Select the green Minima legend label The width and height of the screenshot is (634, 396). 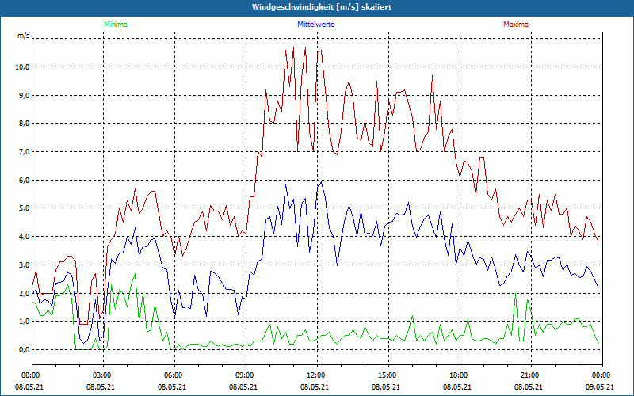[115, 25]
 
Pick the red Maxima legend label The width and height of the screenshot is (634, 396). [516, 25]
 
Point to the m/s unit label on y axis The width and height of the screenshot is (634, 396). [23, 36]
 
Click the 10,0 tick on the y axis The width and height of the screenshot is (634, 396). [21, 67]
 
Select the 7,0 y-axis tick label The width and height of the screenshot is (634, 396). [23, 151]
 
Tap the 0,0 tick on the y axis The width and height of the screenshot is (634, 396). [23, 349]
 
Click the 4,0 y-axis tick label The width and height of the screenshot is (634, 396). [23, 236]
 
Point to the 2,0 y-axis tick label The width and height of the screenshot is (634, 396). [23, 293]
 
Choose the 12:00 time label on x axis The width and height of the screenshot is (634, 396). [315, 375]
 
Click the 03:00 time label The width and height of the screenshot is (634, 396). [101, 375]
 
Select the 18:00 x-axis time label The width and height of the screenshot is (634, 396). [458, 375]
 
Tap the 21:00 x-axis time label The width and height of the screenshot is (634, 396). [529, 375]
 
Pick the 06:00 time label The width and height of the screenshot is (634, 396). [173, 375]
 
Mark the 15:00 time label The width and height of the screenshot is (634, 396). [387, 375]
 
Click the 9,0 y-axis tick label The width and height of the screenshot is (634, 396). [23, 95]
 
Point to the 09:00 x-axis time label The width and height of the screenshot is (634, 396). [244, 375]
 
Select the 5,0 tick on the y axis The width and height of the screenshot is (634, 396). [23, 208]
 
